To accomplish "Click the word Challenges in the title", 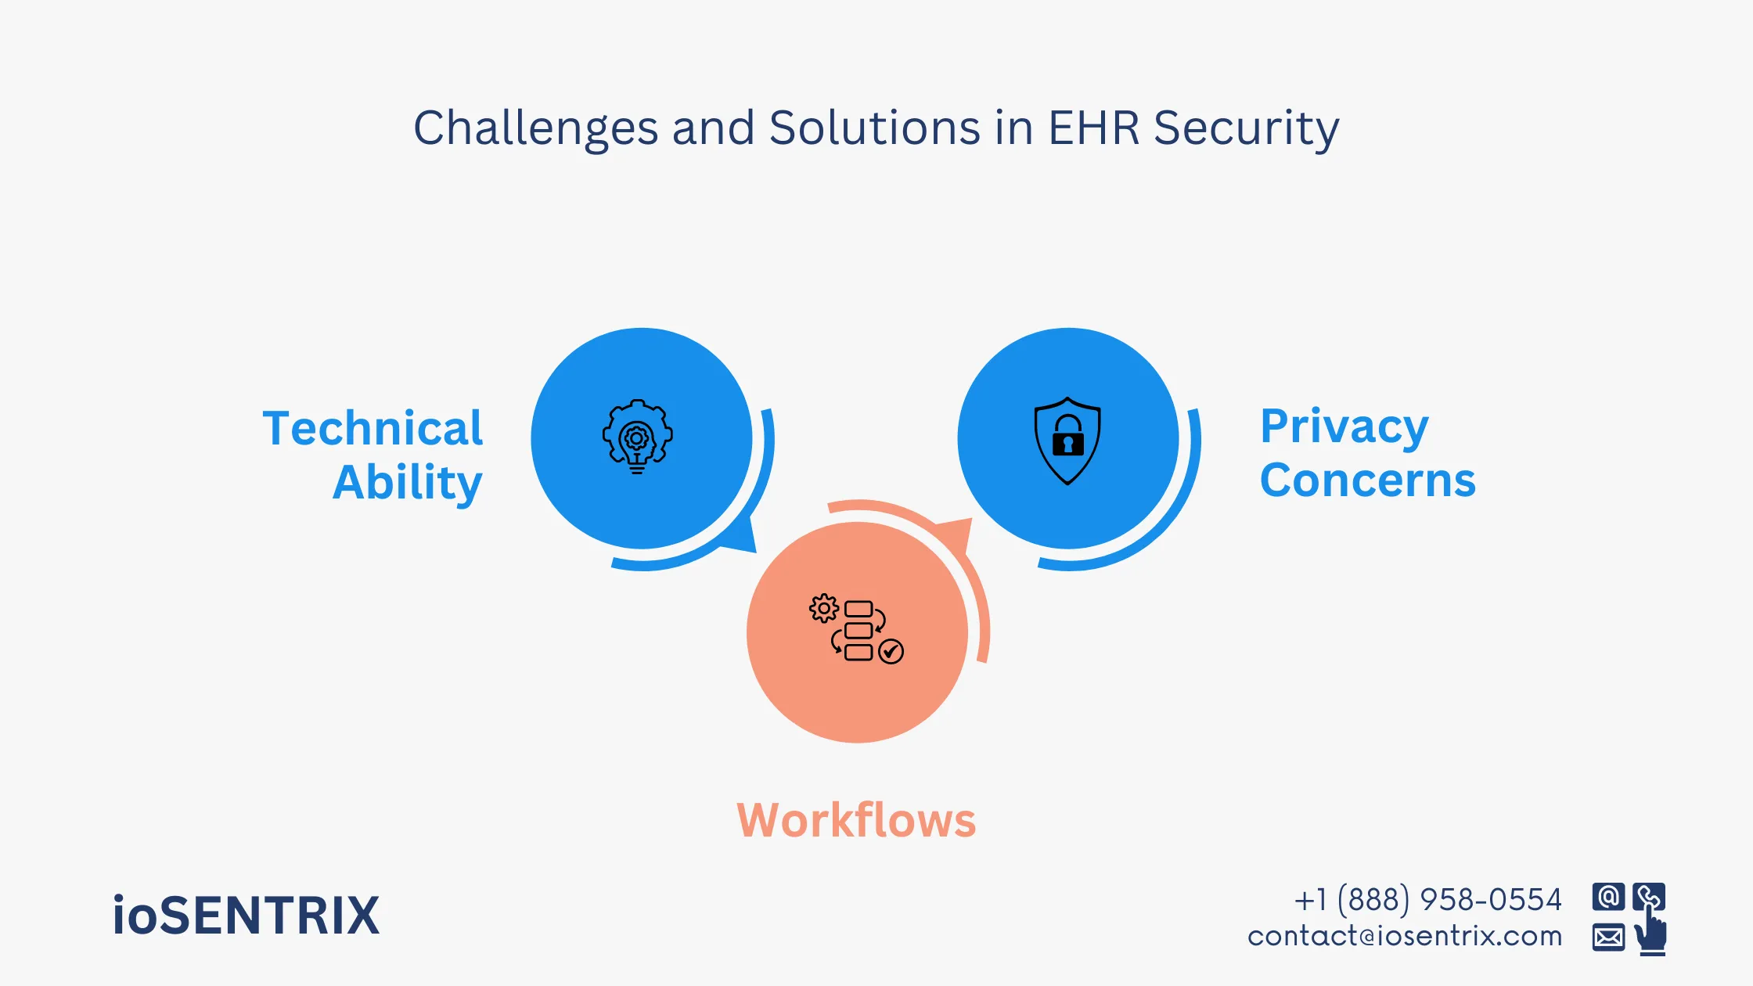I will pyautogui.click(x=535, y=129).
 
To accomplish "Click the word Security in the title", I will pyautogui.click(x=1246, y=129).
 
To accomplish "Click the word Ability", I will pyautogui.click(x=408, y=482).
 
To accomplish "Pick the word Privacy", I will pyautogui.click(x=1344, y=427).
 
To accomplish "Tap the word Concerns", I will pyautogui.click(x=1368, y=480).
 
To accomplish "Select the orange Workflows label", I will pyautogui.click(x=857, y=820).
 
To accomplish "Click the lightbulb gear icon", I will pyautogui.click(x=637, y=437).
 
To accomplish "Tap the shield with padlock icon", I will pyautogui.click(x=1067, y=440).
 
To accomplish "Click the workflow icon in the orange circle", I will pyautogui.click(x=856, y=630).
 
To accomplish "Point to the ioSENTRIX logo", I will pyautogui.click(x=246, y=916).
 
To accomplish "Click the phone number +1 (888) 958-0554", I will pyautogui.click(x=1427, y=900).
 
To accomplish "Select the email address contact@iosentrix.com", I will pyautogui.click(x=1405, y=936).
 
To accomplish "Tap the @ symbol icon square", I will pyautogui.click(x=1608, y=897).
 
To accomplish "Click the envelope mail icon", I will pyautogui.click(x=1608, y=937).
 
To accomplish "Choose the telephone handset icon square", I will pyautogui.click(x=1648, y=897).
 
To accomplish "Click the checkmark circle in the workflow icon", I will pyautogui.click(x=891, y=651).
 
